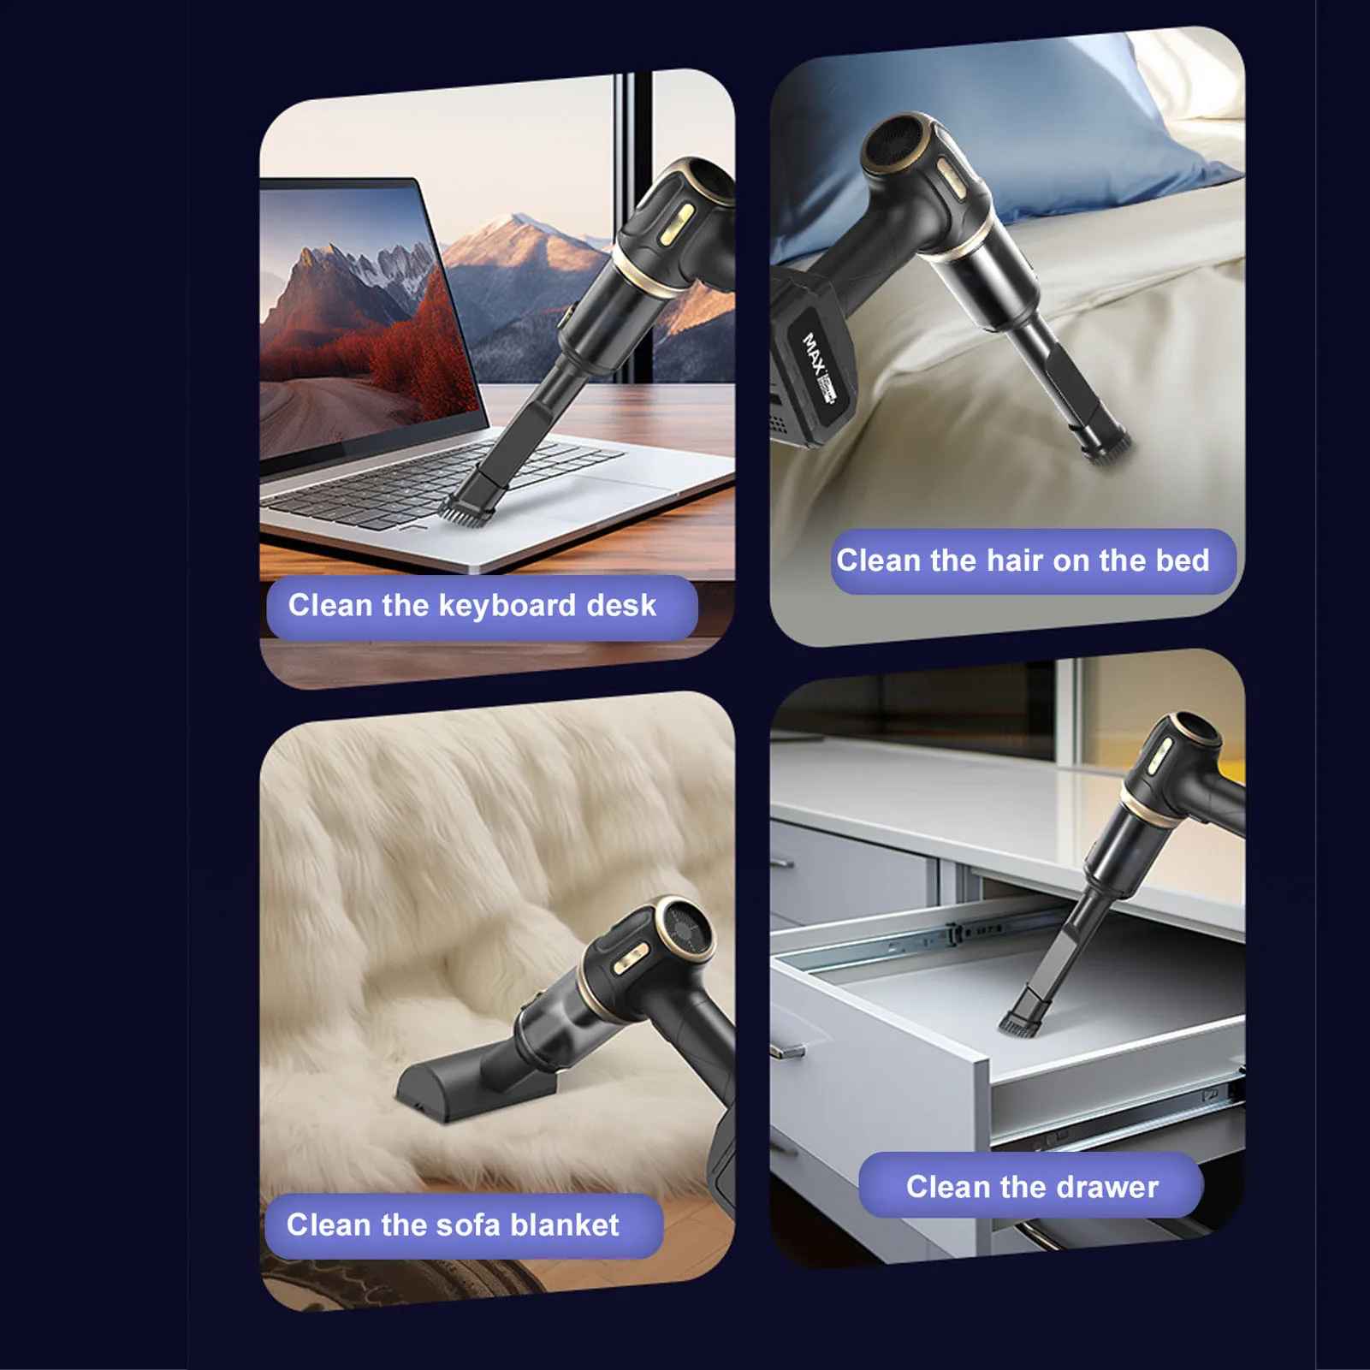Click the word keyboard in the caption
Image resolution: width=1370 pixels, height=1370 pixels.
[507, 607]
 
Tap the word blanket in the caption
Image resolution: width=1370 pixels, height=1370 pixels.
[564, 1225]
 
